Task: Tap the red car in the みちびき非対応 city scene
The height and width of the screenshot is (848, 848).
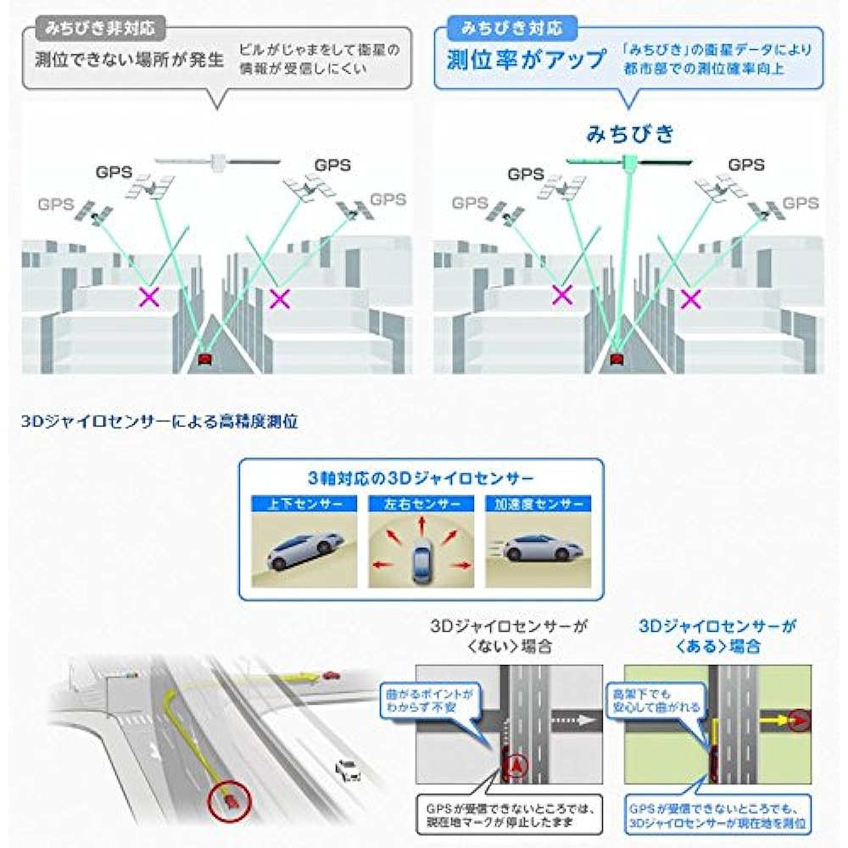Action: point(204,360)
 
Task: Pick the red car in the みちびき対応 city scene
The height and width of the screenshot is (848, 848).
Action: point(617,360)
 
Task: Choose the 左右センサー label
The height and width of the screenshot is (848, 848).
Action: point(421,503)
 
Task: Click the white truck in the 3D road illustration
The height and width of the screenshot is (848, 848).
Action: point(347,770)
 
